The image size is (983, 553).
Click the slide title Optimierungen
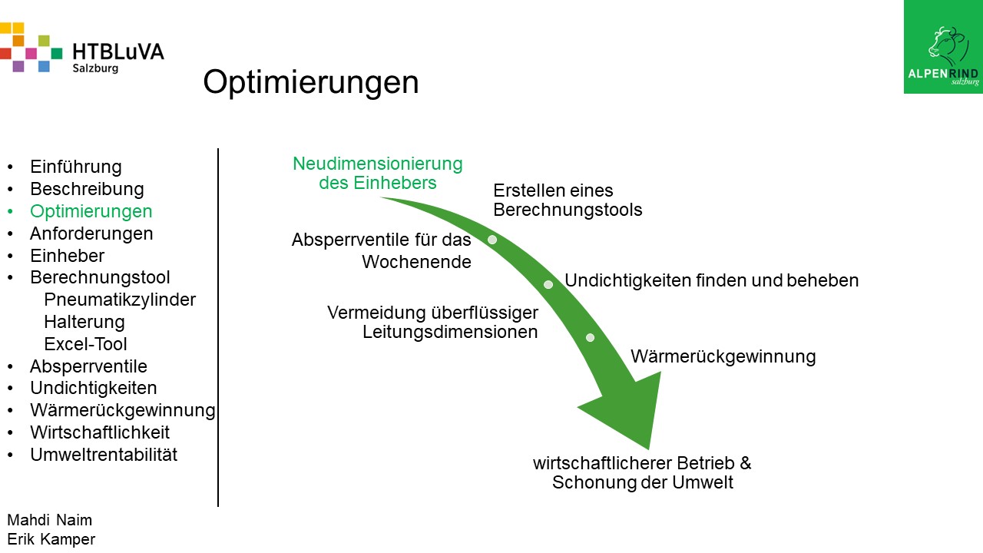coord(311,83)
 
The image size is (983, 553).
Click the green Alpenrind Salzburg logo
coord(943,47)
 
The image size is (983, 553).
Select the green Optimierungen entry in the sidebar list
coord(91,211)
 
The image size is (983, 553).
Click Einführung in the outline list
coord(76,167)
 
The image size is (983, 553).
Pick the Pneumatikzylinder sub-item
coord(120,300)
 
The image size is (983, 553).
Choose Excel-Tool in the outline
coord(85,344)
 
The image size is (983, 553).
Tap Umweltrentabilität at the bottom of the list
coord(104,455)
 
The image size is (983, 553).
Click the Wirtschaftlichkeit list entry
coord(100,432)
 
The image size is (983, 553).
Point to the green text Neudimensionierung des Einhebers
coord(378,173)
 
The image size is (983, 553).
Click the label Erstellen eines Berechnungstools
coord(568,200)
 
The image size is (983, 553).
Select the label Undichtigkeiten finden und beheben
coord(711,280)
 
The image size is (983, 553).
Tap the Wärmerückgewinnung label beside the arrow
coord(723,356)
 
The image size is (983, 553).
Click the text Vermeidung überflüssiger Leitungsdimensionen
coord(432,322)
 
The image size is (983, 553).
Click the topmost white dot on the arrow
coord(492,240)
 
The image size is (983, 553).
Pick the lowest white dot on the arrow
coord(591,337)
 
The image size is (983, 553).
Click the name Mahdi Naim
coord(50,520)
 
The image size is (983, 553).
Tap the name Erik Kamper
coord(51,539)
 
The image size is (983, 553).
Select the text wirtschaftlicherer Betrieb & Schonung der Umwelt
coord(643,472)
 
